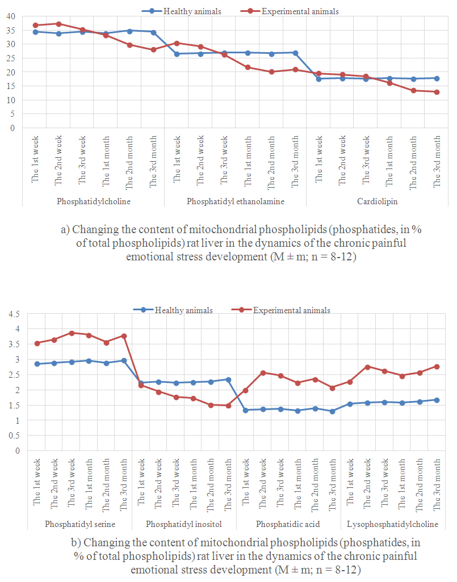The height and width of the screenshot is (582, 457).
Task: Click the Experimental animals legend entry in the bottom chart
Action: point(291,310)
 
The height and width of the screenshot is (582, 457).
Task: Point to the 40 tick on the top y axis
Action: point(10,16)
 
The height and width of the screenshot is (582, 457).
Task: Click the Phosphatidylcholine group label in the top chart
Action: point(93,201)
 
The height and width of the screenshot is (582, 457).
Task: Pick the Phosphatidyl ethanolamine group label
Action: point(235,201)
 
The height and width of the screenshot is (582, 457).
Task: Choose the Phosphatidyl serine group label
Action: point(80,524)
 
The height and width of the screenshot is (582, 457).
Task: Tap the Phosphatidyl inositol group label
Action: point(183,524)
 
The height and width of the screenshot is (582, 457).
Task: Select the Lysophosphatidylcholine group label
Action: point(392,524)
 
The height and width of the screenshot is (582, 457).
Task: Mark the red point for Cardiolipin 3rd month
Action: point(436,92)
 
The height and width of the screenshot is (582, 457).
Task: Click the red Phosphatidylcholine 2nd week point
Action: point(58,24)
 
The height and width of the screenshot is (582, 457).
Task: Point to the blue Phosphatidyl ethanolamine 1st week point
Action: point(177,54)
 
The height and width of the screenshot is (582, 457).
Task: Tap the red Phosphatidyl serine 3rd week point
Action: point(72,333)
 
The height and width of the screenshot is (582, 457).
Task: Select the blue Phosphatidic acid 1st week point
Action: point(245,410)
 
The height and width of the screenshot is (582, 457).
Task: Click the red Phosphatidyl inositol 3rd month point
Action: point(228,406)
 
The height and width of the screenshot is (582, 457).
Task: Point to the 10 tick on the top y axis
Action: point(10,100)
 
